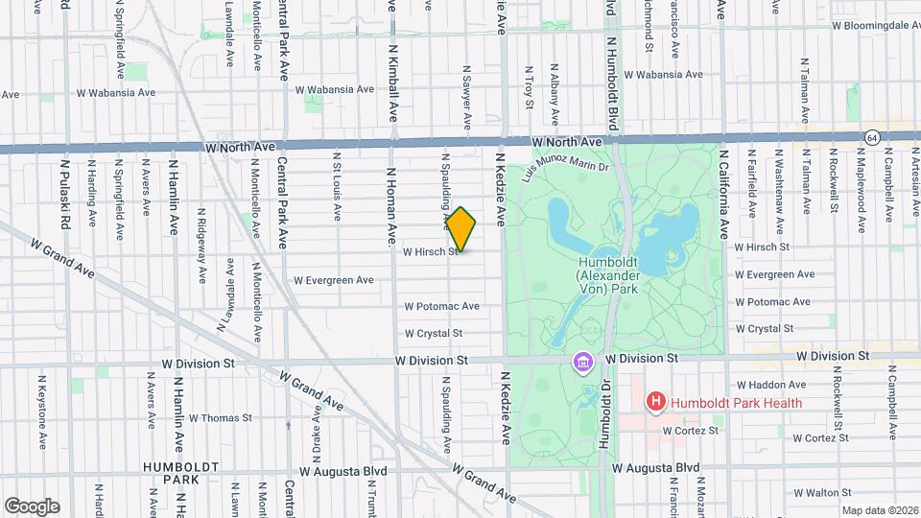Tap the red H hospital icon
(656, 403)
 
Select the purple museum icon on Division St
(582, 362)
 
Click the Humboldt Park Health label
(736, 403)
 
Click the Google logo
(32, 506)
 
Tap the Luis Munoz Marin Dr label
(565, 170)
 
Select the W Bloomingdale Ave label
(874, 26)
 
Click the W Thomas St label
(220, 417)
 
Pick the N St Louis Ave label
(337, 186)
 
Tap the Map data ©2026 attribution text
(878, 510)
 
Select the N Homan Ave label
(391, 207)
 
